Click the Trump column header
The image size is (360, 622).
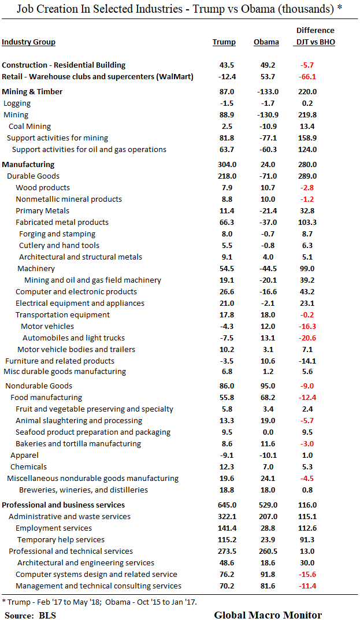point(224,42)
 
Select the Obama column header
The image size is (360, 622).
point(266,42)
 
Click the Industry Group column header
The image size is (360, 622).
point(28,42)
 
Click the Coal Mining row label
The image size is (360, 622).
point(29,127)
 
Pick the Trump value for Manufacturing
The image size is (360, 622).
point(224,165)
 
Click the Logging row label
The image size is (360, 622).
point(17,103)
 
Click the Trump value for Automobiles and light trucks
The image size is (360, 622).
point(224,338)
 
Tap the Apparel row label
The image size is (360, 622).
point(24,456)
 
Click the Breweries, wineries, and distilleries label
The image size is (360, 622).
point(83,490)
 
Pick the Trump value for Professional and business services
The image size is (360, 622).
point(224,505)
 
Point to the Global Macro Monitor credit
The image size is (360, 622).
point(268,615)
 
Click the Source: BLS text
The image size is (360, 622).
point(31,615)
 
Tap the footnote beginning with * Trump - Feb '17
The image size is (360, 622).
point(99,602)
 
